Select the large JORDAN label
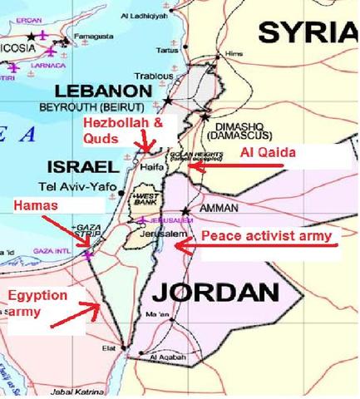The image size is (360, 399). coord(215,292)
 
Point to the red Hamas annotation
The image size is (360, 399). coord(36,204)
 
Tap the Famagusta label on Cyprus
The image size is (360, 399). coord(91,37)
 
